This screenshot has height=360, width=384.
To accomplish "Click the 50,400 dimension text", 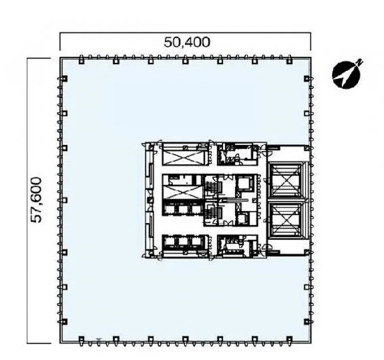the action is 187,42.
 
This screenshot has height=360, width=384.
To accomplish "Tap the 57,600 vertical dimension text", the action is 36,200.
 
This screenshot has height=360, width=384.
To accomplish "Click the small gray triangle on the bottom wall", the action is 98,340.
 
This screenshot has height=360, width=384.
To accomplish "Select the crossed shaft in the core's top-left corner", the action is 184,157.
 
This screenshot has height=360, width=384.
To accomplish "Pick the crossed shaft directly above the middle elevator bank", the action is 182,192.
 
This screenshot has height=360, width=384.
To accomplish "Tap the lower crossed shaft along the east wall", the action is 285,219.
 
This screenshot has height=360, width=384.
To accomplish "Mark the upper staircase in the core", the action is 210,188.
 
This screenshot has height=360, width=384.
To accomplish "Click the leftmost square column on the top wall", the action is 82,60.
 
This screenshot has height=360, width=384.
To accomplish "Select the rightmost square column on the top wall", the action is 289,60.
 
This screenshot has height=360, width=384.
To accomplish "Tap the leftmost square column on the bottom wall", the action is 82,339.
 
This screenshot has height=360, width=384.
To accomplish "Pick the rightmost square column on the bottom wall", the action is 289,339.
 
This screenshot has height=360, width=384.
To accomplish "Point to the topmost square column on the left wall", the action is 64,79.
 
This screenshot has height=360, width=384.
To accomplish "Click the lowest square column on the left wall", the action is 64,322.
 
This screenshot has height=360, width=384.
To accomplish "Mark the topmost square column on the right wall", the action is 307,79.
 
